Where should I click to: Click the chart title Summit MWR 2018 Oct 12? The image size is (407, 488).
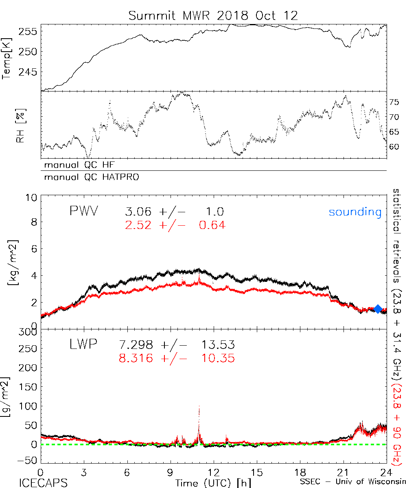click(x=213, y=15)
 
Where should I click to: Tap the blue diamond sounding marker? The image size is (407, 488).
click(x=378, y=309)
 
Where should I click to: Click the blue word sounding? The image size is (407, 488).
click(x=355, y=212)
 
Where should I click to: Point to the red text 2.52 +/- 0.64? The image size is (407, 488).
click(x=175, y=224)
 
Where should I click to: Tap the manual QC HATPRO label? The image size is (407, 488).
click(x=89, y=177)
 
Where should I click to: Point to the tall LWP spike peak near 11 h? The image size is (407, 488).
click(x=199, y=407)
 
